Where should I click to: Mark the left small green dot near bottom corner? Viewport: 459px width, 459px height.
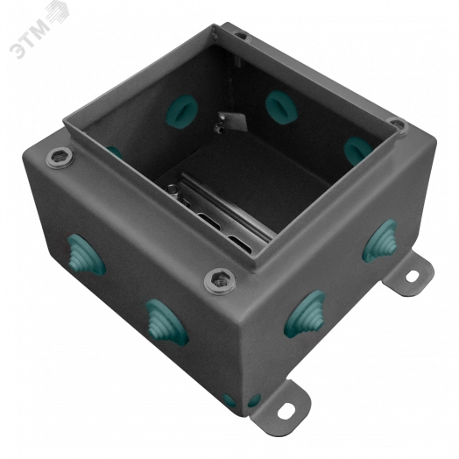coord(229,400)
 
